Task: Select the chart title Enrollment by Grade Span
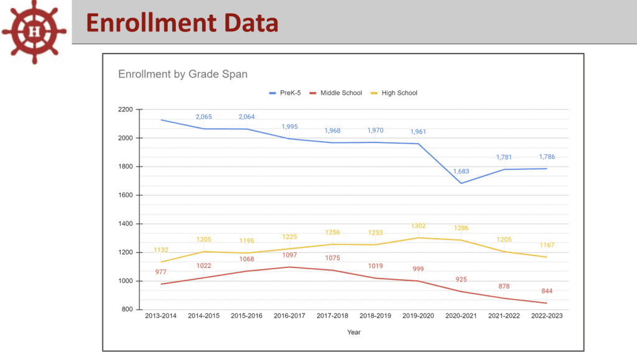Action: click(183, 75)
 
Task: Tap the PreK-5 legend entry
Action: click(286, 93)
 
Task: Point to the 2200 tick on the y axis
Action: click(125, 109)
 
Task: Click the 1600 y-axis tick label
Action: click(125, 195)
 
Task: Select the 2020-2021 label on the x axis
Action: click(461, 316)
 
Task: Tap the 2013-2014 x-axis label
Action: click(160, 316)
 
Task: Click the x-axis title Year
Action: click(354, 332)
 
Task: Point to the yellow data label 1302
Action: click(418, 226)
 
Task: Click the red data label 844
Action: click(547, 291)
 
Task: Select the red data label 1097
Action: click(289, 256)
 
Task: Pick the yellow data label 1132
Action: click(160, 250)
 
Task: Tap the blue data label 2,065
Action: click(203, 117)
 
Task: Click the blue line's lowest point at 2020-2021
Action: click(461, 183)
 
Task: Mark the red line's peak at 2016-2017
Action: click(289, 267)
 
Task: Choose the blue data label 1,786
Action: click(547, 157)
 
